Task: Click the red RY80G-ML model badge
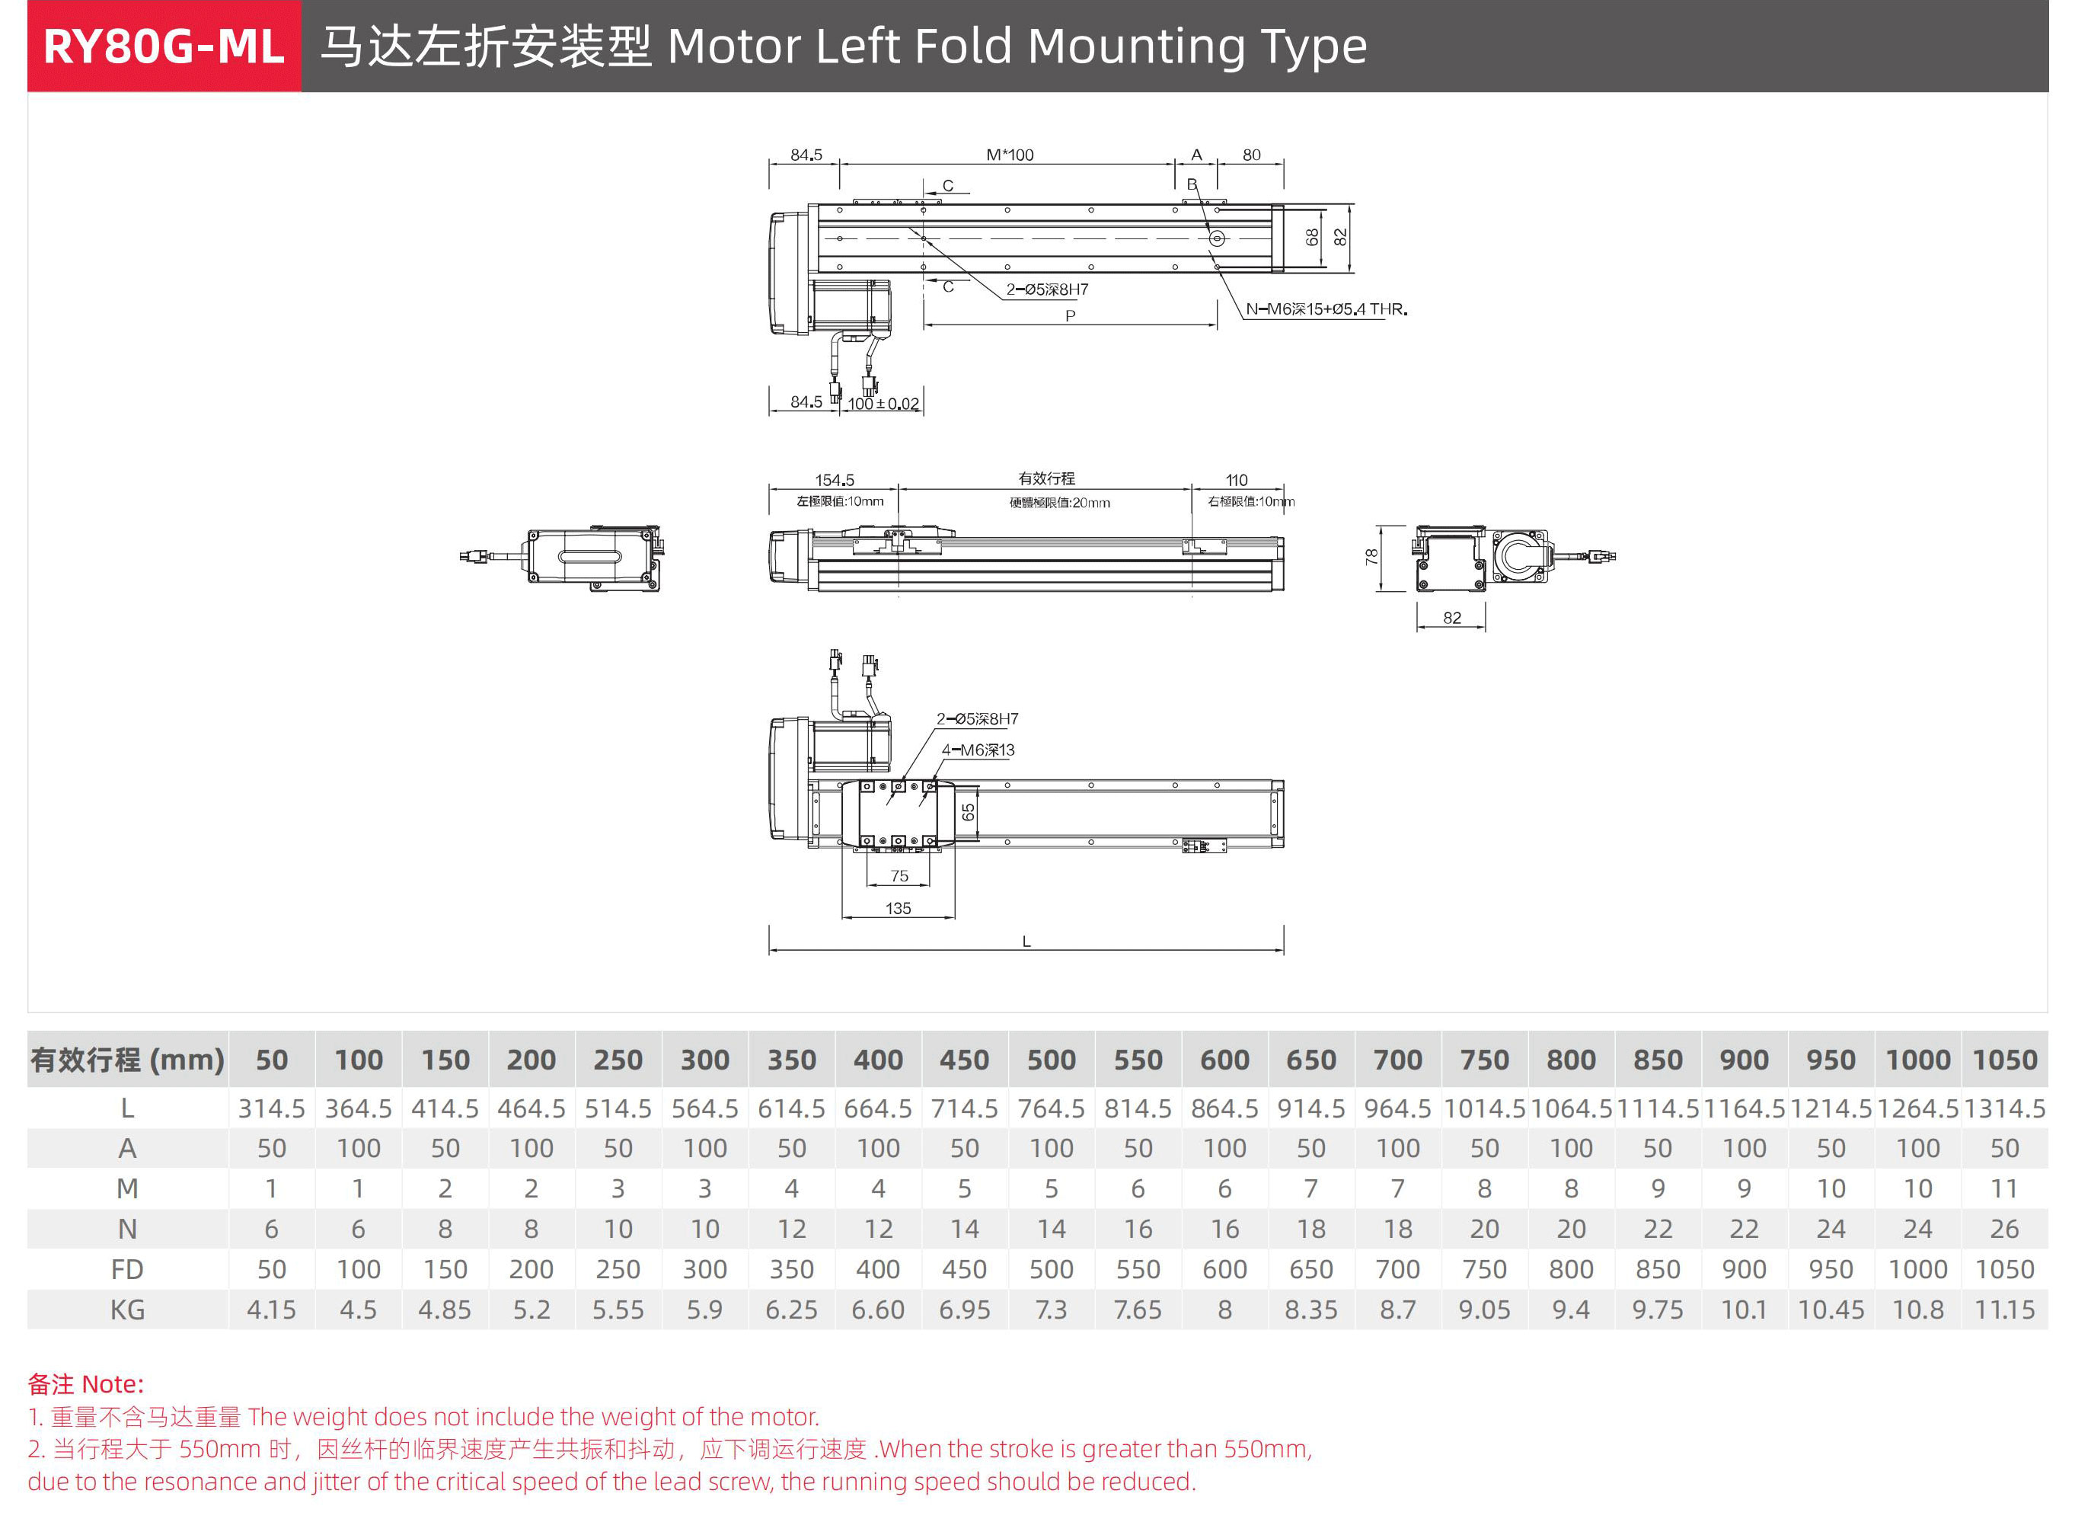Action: point(164,46)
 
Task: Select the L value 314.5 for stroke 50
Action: point(271,1108)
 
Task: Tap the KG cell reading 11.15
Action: point(2003,1310)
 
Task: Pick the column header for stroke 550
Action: point(1138,1060)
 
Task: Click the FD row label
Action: point(127,1270)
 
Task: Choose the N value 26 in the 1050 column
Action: point(2003,1230)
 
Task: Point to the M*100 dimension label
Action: point(1010,155)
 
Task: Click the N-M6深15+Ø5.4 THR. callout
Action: point(1326,309)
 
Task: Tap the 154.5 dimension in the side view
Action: point(834,481)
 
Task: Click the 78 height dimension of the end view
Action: point(1371,558)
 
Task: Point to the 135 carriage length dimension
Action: point(899,909)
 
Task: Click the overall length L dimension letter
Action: point(1026,942)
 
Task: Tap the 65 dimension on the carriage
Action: point(968,813)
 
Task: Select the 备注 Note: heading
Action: point(85,1384)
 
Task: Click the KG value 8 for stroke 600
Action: point(1224,1310)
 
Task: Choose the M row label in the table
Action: point(127,1189)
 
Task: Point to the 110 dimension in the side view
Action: point(1237,481)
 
